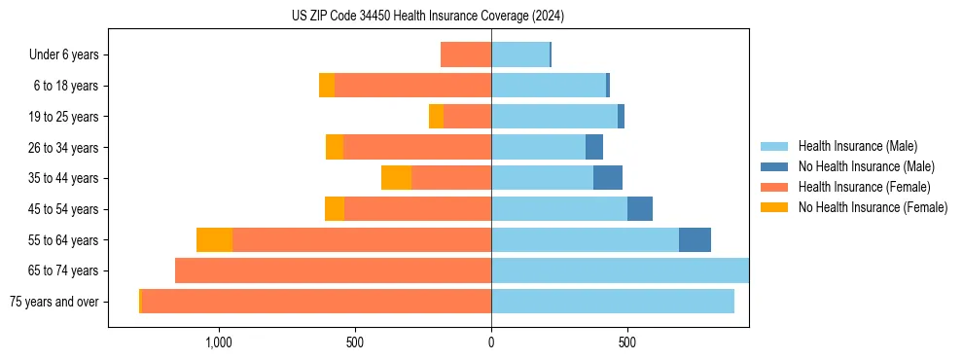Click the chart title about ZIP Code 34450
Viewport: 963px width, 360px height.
tap(427, 17)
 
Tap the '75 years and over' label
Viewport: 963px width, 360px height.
tap(54, 302)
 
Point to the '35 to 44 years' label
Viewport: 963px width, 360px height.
tap(64, 178)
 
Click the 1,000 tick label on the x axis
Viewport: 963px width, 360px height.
tap(219, 342)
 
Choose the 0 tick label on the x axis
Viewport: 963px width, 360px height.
tap(491, 342)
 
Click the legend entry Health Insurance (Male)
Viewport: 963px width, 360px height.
tap(857, 146)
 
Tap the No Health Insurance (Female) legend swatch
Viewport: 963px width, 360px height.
tap(775, 207)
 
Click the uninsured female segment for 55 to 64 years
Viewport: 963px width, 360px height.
tap(214, 239)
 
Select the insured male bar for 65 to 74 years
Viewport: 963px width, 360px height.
tap(620, 270)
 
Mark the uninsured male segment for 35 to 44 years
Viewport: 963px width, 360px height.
tap(608, 178)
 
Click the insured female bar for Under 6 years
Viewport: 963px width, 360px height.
tap(466, 54)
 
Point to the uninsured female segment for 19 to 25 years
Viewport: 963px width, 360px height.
tap(436, 117)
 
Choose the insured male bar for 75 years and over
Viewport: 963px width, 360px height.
tap(613, 302)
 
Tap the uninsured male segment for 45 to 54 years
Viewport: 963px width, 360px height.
tap(640, 209)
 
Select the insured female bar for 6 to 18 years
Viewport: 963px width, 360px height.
tap(412, 86)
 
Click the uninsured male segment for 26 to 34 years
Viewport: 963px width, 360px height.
tap(594, 147)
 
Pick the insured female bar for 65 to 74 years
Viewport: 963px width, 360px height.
tap(333, 270)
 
